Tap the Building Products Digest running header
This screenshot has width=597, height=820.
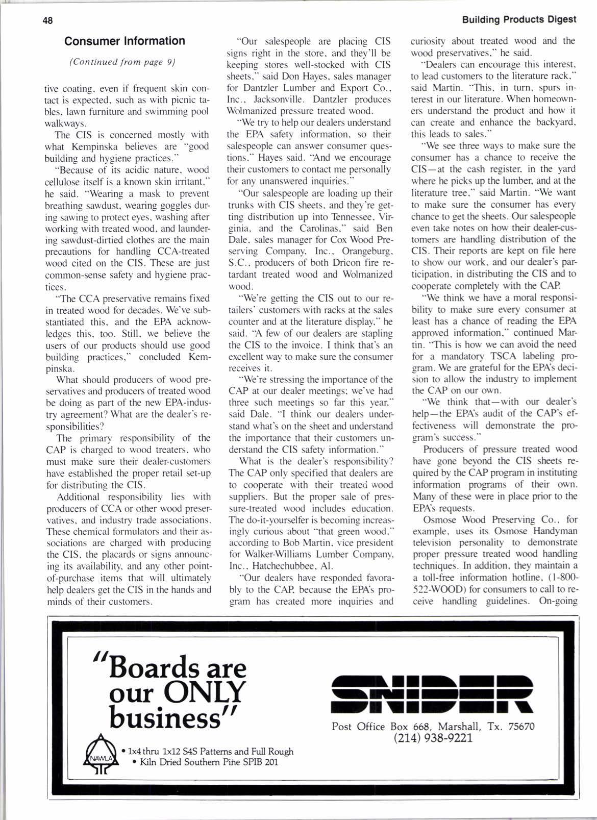click(519, 20)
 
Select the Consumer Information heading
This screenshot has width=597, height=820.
click(125, 41)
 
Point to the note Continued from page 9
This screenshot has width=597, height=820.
click(122, 62)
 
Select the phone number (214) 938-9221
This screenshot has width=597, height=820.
click(433, 738)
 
